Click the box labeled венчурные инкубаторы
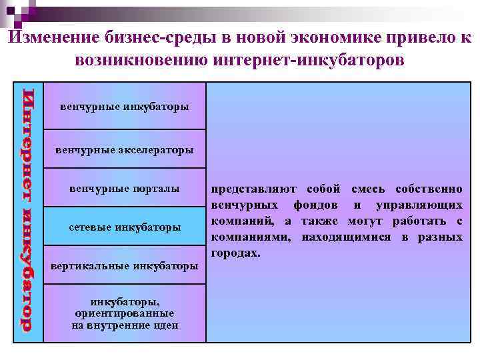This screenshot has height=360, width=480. click(x=125, y=107)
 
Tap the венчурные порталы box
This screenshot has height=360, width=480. click(x=125, y=189)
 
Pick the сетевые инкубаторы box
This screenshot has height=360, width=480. click(x=125, y=227)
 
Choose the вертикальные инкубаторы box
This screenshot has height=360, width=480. click(x=125, y=266)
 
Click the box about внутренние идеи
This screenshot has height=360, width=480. click(x=125, y=313)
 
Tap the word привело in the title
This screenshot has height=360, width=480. click(x=417, y=38)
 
